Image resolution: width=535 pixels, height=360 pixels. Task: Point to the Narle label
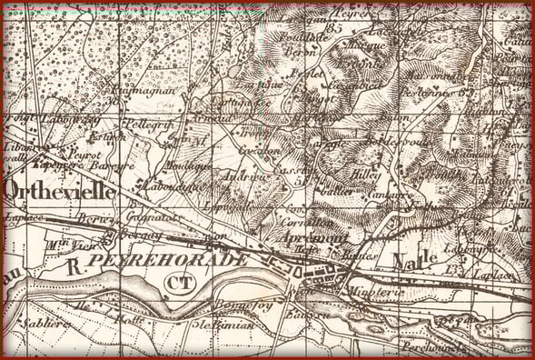pyautogui.click(x=416, y=257)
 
